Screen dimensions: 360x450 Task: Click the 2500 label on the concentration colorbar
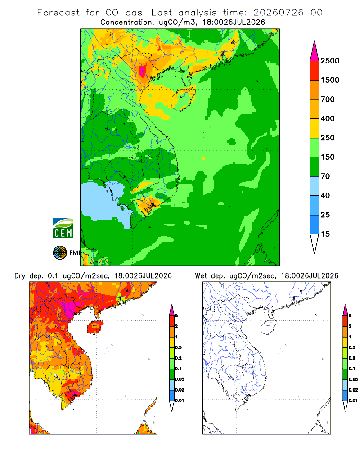(x=330, y=61)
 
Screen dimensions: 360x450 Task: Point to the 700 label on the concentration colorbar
(x=328, y=99)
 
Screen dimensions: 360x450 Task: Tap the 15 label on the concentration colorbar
(x=325, y=234)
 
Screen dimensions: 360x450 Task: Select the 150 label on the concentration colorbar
(x=328, y=157)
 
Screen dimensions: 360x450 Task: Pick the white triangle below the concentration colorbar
(x=315, y=242)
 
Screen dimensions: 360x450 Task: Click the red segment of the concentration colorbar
(x=315, y=71)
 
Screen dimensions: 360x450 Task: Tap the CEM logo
(x=63, y=229)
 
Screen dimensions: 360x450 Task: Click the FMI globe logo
(x=60, y=253)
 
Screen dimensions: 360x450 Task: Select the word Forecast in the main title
(x=58, y=13)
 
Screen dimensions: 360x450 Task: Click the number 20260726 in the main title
(x=278, y=13)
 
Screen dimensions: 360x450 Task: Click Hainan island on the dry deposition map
(x=95, y=327)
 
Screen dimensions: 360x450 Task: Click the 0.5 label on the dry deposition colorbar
(x=178, y=347)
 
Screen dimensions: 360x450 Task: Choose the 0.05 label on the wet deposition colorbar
(x=353, y=379)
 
